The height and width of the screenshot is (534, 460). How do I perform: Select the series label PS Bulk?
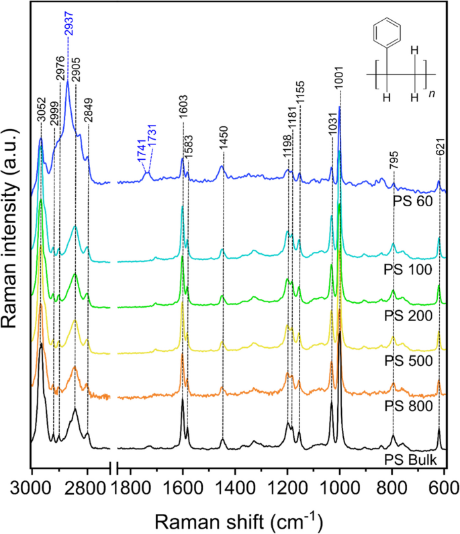[x=411, y=459]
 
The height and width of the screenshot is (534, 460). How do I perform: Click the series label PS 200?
[x=412, y=315]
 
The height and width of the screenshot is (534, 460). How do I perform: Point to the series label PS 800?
[x=412, y=406]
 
